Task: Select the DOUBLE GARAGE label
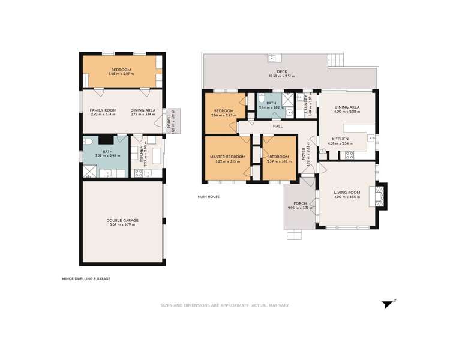pyautogui.click(x=122, y=220)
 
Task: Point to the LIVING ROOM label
pyautogui.click(x=347, y=193)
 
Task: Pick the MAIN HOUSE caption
pyautogui.click(x=209, y=197)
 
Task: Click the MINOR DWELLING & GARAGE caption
pyautogui.click(x=86, y=278)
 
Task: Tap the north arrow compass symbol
pyautogui.click(x=389, y=304)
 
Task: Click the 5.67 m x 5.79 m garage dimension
pyautogui.click(x=122, y=225)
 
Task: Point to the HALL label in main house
pyautogui.click(x=278, y=126)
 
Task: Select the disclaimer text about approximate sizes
pyautogui.click(x=224, y=305)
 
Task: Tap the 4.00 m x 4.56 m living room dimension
pyautogui.click(x=347, y=197)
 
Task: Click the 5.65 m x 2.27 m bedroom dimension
pyautogui.click(x=121, y=74)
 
